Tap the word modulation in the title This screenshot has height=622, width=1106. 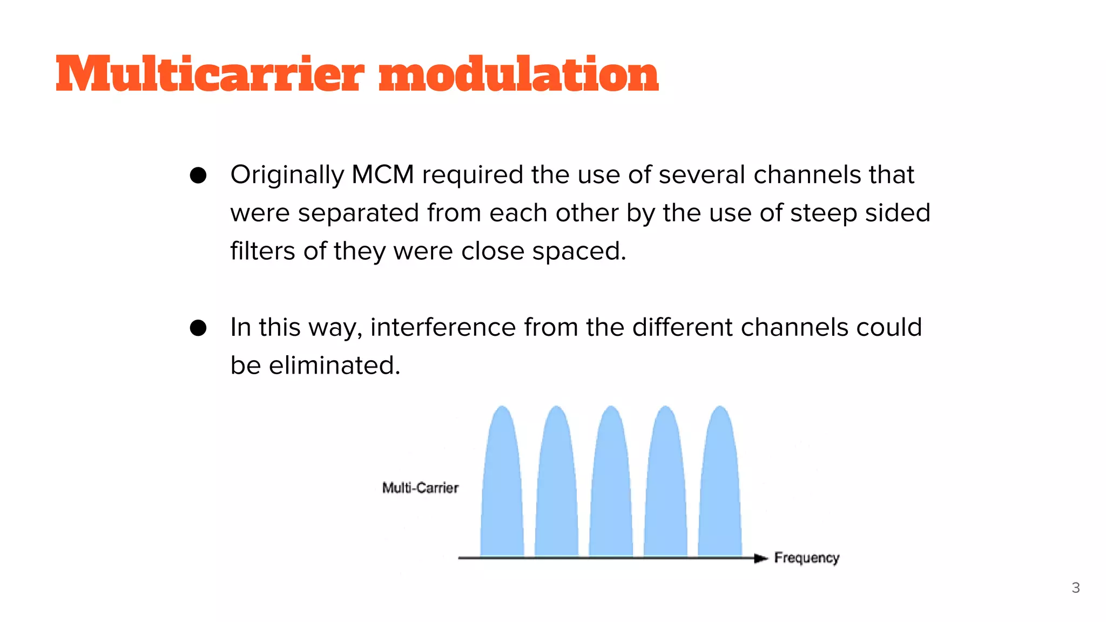[518, 74]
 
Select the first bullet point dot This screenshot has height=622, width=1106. [198, 175]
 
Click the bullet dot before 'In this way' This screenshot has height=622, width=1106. [198, 328]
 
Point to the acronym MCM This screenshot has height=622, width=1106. [382, 175]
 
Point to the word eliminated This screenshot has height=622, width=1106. [334, 366]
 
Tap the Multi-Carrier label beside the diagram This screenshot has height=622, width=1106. [420, 488]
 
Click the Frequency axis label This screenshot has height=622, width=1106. [806, 558]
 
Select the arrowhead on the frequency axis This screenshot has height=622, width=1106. [760, 558]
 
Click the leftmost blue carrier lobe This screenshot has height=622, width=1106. [502, 486]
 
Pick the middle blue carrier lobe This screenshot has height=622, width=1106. [611, 486]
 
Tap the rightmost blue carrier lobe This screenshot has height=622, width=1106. [720, 486]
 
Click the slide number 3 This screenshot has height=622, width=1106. [1075, 588]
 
